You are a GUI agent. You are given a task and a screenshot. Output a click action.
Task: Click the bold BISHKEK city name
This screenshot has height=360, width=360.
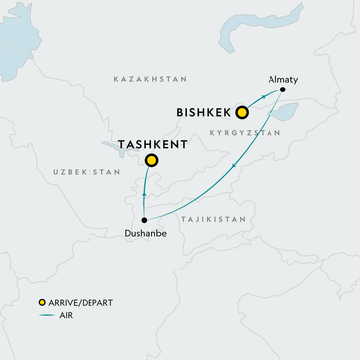point(204,112)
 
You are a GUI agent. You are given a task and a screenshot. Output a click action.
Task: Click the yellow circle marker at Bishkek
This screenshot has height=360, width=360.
point(241,112)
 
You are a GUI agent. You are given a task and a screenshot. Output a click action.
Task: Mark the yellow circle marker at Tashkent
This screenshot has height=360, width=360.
point(151,160)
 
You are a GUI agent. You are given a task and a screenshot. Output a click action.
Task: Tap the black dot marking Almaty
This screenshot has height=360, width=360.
point(282,90)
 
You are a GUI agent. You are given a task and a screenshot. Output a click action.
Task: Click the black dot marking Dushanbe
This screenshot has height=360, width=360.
point(145,219)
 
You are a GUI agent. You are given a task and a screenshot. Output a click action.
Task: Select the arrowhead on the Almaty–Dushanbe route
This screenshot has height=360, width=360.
point(233,167)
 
